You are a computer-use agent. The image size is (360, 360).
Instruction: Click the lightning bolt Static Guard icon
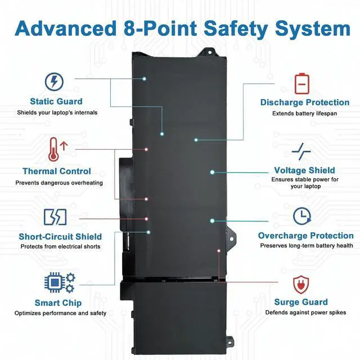pos(54,82)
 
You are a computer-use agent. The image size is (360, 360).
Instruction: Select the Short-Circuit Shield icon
pos(55,217)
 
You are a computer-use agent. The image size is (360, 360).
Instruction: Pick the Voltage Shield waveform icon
pos(302,151)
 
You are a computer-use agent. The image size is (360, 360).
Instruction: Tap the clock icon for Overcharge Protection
pos(303,217)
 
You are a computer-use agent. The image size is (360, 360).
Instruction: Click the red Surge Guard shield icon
pos(302,283)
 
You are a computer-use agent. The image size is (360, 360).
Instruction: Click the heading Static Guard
pos(56,102)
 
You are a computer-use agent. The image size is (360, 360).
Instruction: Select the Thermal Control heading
pos(56,171)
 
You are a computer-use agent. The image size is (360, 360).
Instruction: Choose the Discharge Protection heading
pos(305,102)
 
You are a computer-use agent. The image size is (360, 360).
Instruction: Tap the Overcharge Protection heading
pos(306,236)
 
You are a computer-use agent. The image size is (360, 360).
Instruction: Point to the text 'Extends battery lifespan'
pos(304,113)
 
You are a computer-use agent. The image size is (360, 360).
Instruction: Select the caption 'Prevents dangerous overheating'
pos(59,182)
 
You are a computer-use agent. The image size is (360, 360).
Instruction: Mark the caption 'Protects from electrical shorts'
pos(60,246)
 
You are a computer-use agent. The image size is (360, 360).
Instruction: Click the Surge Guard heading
pos(301,302)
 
